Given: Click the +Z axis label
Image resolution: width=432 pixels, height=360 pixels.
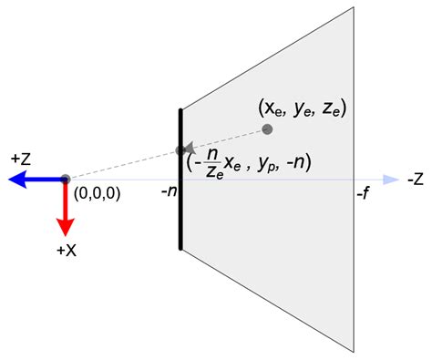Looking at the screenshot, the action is (x=21, y=159).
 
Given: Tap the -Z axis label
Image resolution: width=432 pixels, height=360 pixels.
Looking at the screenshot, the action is (x=416, y=180).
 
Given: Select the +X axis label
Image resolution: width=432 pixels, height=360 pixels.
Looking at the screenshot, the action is (x=67, y=251).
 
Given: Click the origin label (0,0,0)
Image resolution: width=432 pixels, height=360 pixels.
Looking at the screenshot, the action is (x=97, y=193).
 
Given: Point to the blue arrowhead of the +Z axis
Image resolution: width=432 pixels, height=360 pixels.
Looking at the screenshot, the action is (x=17, y=180).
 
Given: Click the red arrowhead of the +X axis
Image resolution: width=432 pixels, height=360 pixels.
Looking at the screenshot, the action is (x=65, y=227).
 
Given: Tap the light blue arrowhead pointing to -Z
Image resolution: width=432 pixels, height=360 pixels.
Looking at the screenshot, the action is (x=391, y=180).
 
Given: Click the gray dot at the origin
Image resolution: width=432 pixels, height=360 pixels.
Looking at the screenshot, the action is (x=65, y=180).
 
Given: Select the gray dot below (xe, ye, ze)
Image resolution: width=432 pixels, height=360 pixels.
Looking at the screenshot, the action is (x=267, y=129).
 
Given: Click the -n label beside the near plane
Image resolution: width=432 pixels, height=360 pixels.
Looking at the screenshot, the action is (x=170, y=191).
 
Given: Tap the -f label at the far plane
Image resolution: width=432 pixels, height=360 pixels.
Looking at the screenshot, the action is (x=364, y=192).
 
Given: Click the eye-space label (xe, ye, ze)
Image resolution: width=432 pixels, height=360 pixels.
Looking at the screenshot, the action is (x=303, y=108).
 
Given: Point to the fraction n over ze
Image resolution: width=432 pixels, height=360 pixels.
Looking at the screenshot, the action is (x=214, y=164).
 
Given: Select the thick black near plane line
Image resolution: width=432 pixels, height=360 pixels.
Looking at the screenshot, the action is (x=180, y=180).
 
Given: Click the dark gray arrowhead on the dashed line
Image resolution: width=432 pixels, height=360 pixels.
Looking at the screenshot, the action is (x=189, y=148).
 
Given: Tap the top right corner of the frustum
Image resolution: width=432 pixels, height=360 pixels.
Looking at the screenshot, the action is (x=354, y=7).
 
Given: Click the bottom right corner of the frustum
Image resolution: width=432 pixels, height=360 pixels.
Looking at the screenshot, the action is (x=354, y=352).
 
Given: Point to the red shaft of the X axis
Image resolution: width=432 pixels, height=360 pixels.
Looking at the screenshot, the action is (x=65, y=199).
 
